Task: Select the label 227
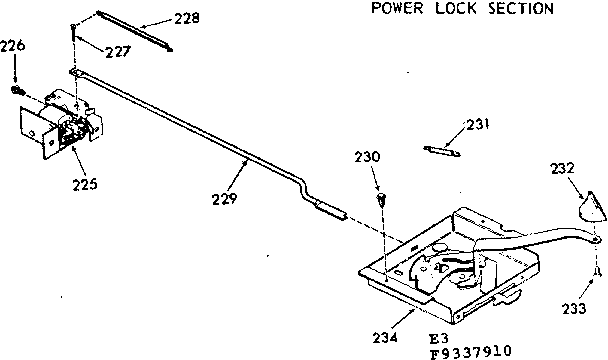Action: (x=118, y=51)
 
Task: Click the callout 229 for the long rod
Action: (x=224, y=197)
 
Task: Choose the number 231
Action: (x=479, y=124)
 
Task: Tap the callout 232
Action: (x=564, y=170)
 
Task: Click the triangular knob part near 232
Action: (x=591, y=211)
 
